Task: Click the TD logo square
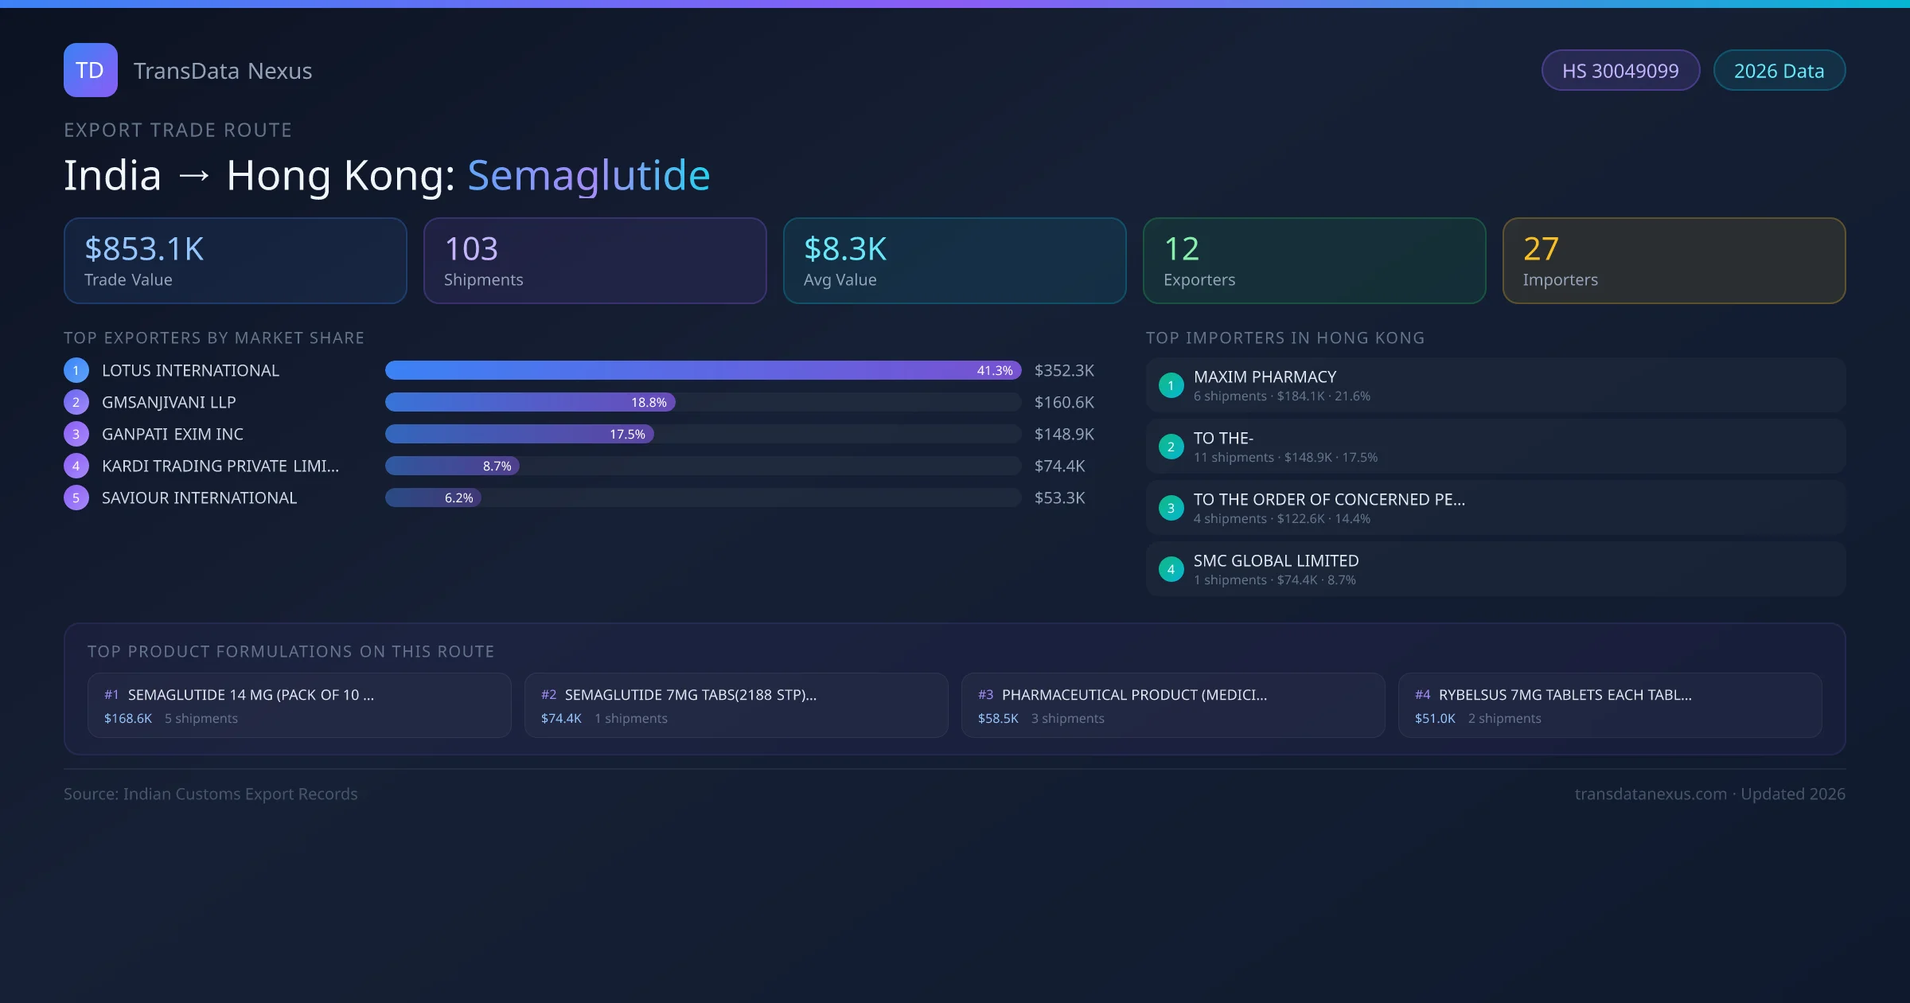(90, 70)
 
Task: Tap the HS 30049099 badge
(1620, 71)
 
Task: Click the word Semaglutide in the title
(588, 175)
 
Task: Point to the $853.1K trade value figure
(144, 249)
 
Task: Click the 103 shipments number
(471, 249)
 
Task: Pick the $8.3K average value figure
(844, 249)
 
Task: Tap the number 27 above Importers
(1540, 249)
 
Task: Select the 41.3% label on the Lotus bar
(994, 371)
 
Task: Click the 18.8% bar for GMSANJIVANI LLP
(530, 403)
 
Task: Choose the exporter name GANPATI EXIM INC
(173, 435)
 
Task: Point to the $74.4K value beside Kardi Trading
(1059, 466)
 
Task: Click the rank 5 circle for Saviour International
(76, 498)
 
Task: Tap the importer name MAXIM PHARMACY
(1265, 377)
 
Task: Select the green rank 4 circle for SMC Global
(1171, 570)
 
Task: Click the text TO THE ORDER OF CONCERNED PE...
(1328, 500)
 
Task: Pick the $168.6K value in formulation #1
(128, 719)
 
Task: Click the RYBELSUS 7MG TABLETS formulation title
(1565, 695)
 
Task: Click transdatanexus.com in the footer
(1651, 794)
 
